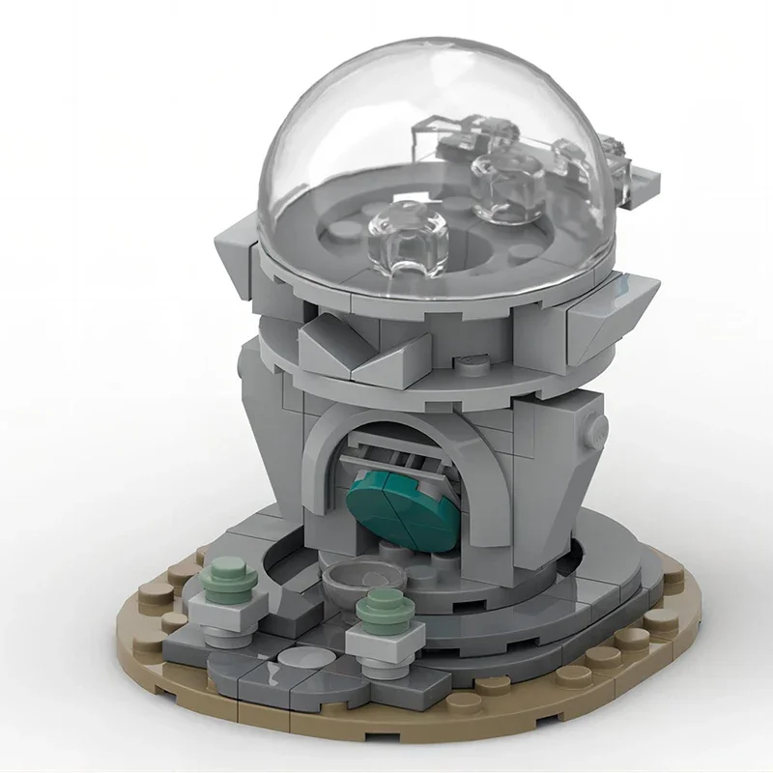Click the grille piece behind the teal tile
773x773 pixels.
pyautogui.click(x=406, y=449)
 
